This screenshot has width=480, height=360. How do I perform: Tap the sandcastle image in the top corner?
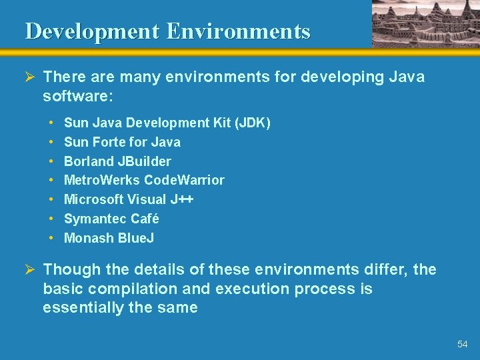(x=425, y=23)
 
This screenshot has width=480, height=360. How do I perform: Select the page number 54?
(x=463, y=344)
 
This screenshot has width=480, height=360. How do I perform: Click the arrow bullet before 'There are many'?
(x=29, y=77)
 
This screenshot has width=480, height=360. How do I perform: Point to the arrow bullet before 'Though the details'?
(x=29, y=270)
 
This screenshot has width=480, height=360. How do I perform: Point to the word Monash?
(x=89, y=238)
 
